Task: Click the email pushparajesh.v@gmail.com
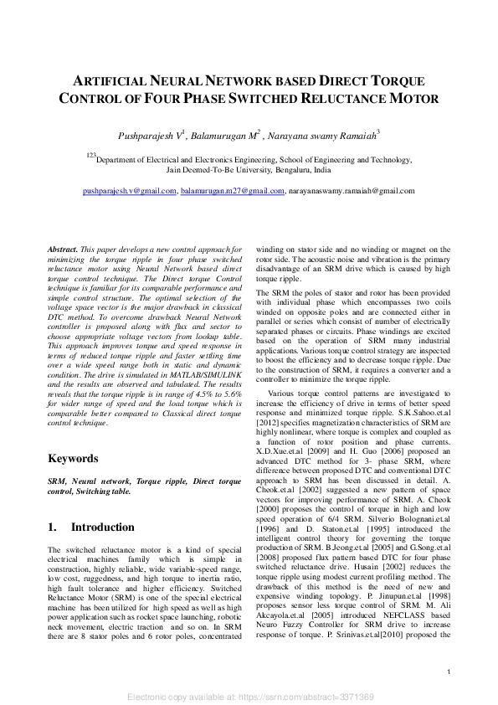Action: [x=130, y=191]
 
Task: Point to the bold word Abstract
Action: [x=63, y=250]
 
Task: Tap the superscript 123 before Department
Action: [x=92, y=155]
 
